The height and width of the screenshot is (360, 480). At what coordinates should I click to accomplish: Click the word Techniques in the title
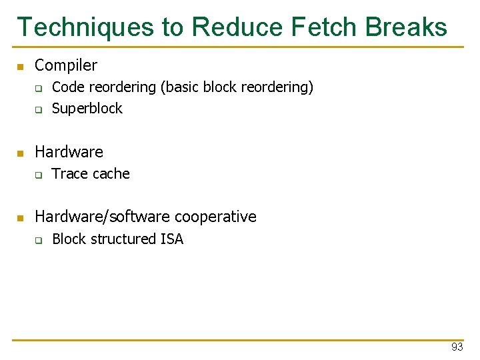pyautogui.click(x=85, y=27)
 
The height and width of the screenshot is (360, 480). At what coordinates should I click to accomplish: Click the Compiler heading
pyautogui.click(x=65, y=65)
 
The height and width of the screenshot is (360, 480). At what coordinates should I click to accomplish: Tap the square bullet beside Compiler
pyautogui.click(x=20, y=67)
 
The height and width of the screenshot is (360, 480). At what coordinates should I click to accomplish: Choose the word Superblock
pyautogui.click(x=87, y=108)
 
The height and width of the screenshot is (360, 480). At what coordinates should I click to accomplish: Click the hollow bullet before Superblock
pyautogui.click(x=38, y=109)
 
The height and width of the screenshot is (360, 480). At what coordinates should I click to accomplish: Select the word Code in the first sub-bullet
pyautogui.click(x=66, y=87)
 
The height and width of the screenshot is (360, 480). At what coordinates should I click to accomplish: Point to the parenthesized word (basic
pyautogui.click(x=179, y=87)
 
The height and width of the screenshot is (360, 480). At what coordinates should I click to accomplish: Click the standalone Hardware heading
pyautogui.click(x=69, y=152)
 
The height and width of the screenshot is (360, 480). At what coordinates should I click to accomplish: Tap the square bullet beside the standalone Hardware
pyautogui.click(x=20, y=153)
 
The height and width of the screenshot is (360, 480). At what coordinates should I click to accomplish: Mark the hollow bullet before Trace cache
pyautogui.click(x=38, y=175)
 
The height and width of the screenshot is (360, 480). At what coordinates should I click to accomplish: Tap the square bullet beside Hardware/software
pyautogui.click(x=20, y=218)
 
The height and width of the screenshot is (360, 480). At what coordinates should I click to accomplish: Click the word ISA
pyautogui.click(x=171, y=239)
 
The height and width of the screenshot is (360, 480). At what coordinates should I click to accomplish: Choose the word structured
pyautogui.click(x=125, y=239)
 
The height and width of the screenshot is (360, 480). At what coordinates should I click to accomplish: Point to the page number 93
pyautogui.click(x=457, y=347)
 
